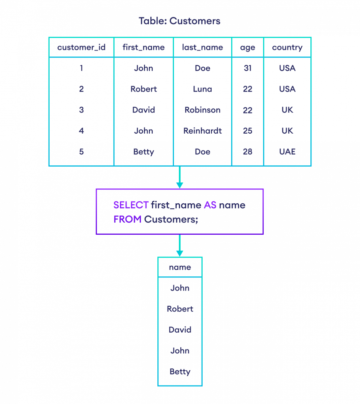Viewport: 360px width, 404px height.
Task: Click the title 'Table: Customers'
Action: click(180, 21)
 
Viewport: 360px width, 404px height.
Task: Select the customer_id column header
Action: click(81, 47)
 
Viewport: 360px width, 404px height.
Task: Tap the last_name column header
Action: click(202, 47)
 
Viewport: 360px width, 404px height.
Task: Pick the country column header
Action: click(287, 47)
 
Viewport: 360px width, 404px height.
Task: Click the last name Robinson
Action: click(202, 110)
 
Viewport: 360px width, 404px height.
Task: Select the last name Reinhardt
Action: click(202, 131)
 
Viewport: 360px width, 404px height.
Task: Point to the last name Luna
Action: click(202, 89)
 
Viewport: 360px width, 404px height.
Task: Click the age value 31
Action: click(247, 68)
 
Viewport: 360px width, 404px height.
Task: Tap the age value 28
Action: click(247, 151)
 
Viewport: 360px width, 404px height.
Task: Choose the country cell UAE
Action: click(287, 151)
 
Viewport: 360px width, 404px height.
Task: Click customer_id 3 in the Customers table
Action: click(81, 110)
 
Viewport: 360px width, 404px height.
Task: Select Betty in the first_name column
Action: click(144, 151)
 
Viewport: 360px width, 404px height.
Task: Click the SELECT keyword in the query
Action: click(131, 205)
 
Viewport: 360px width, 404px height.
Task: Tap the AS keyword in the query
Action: click(210, 205)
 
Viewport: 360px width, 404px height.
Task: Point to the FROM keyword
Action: click(127, 219)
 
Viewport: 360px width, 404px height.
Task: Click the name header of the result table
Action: click(180, 267)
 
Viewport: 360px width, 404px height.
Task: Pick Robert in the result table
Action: click(180, 309)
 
